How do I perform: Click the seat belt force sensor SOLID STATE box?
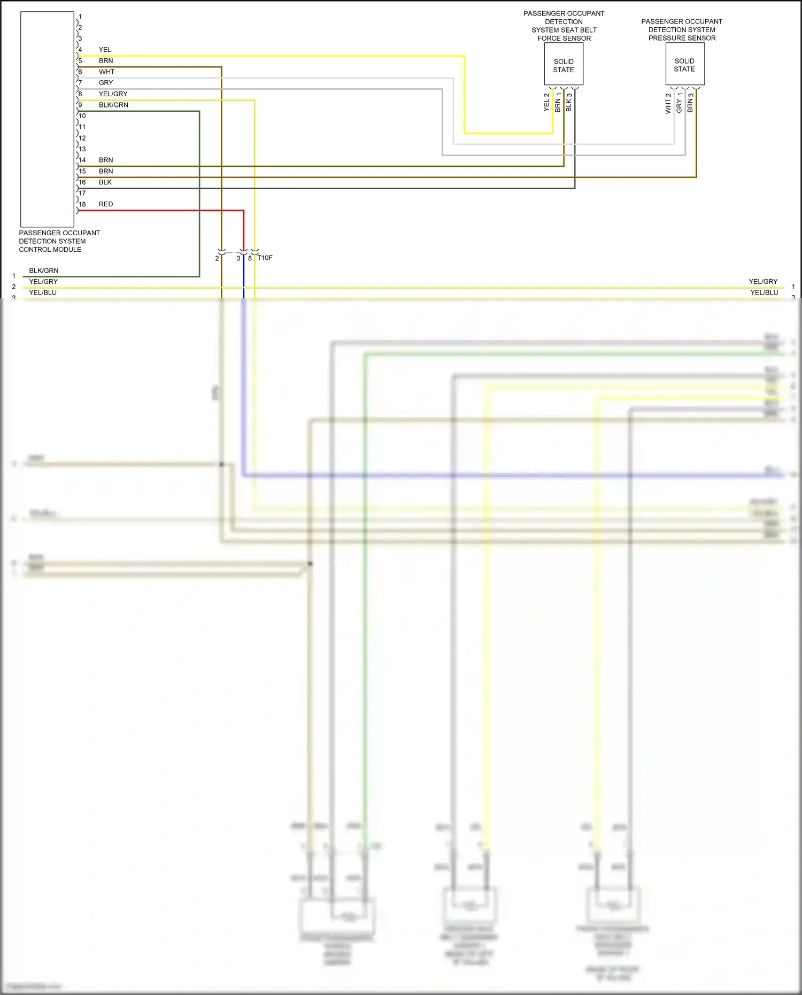tap(564, 64)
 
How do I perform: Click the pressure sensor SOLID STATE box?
tap(684, 64)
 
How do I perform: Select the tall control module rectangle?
tap(47, 119)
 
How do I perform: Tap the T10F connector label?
tap(265, 258)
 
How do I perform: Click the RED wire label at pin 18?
tap(106, 204)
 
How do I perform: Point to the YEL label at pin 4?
tap(105, 50)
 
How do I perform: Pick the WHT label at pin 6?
tap(106, 72)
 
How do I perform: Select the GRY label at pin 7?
tap(106, 83)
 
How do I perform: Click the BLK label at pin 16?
tap(105, 182)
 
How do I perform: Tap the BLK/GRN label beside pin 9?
tap(113, 105)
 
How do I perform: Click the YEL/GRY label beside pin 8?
tap(113, 94)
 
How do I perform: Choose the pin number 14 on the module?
tap(82, 160)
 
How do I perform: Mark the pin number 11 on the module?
tap(82, 127)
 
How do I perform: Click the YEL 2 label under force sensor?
tap(546, 103)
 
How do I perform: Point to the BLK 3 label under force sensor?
tap(569, 103)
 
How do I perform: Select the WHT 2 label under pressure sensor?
tap(668, 104)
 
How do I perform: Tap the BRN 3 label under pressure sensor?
tap(690, 103)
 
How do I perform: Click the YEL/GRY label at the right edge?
tap(763, 282)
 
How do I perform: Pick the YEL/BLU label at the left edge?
tap(43, 293)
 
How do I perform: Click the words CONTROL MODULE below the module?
tap(50, 250)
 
